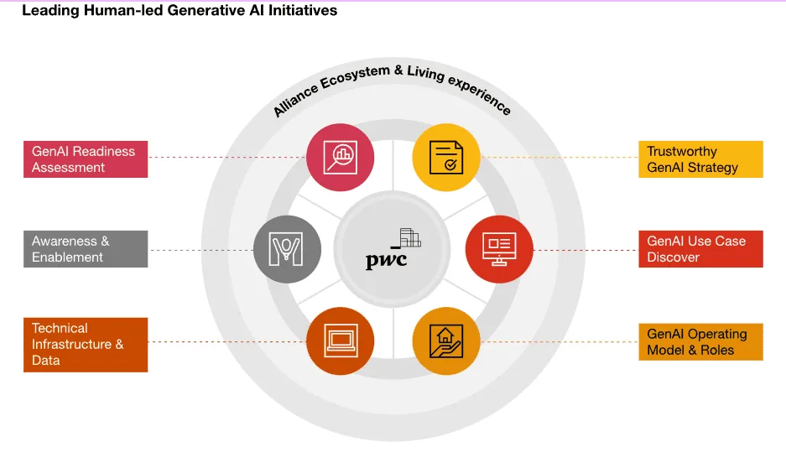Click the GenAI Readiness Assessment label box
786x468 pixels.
point(86,159)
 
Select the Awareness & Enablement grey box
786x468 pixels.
point(86,249)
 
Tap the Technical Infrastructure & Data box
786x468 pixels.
point(86,345)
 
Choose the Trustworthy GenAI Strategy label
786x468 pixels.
point(700,159)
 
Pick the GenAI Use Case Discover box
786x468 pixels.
point(700,249)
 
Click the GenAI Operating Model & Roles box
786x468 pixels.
point(700,341)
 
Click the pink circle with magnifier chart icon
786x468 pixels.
point(341,158)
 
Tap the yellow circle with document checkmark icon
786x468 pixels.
point(446,158)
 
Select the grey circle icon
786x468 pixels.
point(287,249)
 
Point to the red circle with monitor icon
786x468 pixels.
point(499,249)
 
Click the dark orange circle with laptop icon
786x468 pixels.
point(341,341)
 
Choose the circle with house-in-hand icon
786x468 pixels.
point(446,341)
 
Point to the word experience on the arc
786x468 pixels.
point(480,95)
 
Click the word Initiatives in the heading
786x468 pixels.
point(303,10)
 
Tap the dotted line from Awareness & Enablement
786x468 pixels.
point(201,250)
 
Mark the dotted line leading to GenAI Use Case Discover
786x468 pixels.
point(586,250)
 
